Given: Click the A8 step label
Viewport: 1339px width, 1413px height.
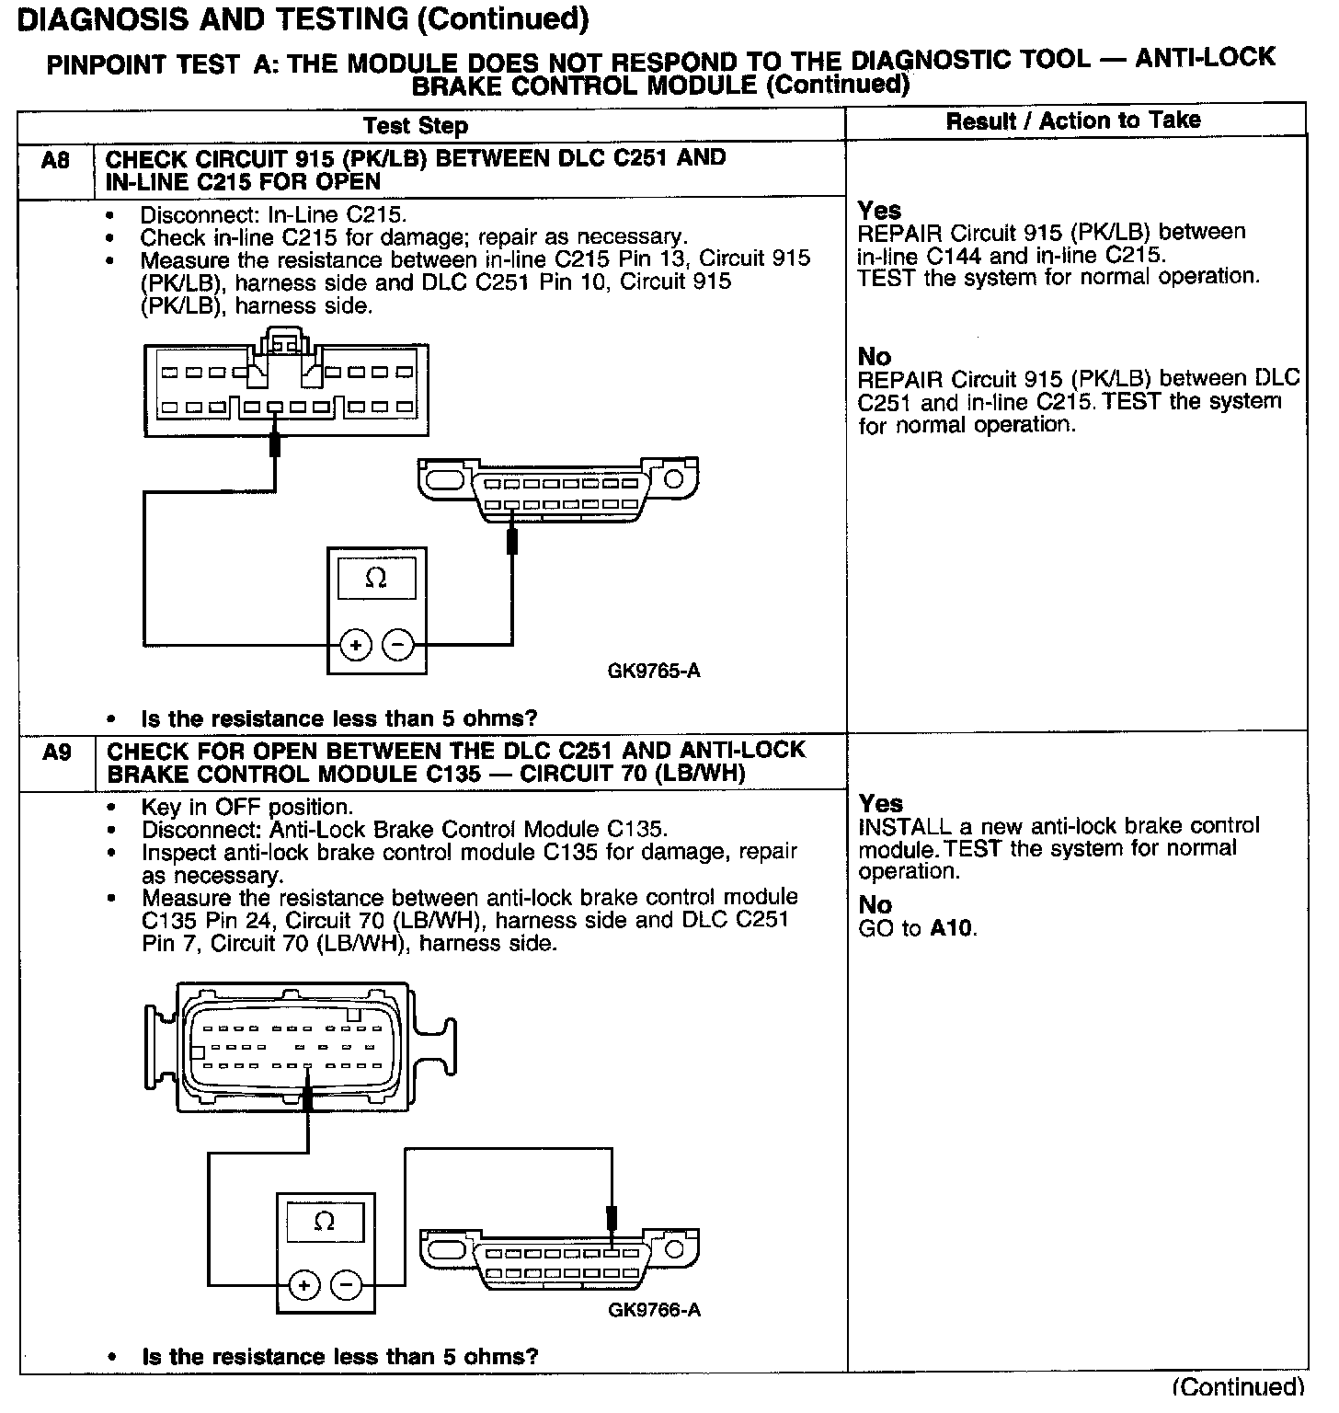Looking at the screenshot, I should [55, 161].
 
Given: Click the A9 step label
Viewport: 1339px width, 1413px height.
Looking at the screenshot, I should [56, 753].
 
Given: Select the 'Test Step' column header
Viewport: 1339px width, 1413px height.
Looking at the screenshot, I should [416, 126].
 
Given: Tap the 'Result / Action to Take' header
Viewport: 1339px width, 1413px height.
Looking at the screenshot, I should [1073, 121].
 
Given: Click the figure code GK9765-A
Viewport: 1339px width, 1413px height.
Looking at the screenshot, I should [654, 671].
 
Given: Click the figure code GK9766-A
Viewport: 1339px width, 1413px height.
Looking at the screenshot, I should [654, 1309].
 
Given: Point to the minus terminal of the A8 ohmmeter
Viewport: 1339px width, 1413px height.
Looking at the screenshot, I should [397, 645].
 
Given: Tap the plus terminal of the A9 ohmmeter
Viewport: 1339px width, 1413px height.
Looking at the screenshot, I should [303, 1285].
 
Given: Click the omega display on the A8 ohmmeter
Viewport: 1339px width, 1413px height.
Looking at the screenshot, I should [376, 579].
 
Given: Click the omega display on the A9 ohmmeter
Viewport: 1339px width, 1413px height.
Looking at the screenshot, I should [325, 1221].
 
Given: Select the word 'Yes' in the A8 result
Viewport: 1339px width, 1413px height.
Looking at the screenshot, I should [879, 211].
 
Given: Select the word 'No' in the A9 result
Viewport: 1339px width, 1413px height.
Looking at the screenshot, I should [875, 905].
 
